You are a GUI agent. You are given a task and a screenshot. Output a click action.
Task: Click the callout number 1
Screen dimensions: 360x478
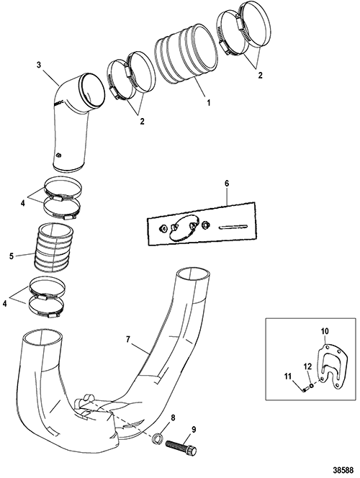click(209, 103)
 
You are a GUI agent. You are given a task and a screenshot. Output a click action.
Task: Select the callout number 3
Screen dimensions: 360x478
click(38, 65)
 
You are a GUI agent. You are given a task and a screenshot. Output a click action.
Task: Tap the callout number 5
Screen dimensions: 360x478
click(12, 256)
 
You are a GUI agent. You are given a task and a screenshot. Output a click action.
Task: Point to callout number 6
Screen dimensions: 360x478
click(227, 184)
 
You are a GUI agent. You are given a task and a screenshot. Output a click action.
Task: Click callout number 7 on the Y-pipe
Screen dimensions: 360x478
click(128, 338)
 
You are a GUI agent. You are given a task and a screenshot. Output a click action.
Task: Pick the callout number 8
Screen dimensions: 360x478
click(173, 418)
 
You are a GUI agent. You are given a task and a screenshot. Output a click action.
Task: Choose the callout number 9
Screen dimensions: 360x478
click(194, 430)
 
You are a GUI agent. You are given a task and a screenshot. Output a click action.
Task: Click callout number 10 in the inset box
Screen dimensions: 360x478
click(324, 330)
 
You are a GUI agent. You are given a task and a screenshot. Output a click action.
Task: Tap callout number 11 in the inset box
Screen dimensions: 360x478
click(288, 376)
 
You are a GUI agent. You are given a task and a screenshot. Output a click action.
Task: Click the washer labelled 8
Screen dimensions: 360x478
click(158, 439)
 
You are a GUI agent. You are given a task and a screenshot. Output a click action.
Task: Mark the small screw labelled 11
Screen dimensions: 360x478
click(305, 390)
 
